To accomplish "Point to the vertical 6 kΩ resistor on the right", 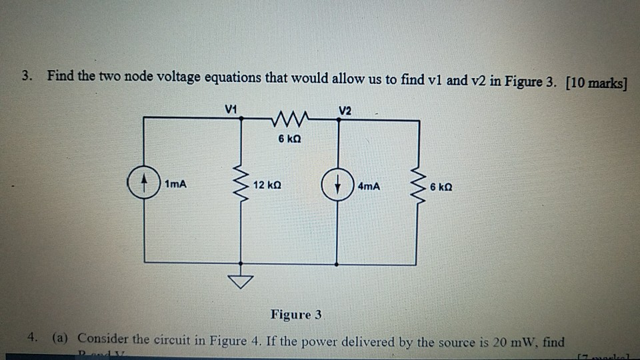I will tap(419, 186).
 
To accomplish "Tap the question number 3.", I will tap(25, 77).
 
